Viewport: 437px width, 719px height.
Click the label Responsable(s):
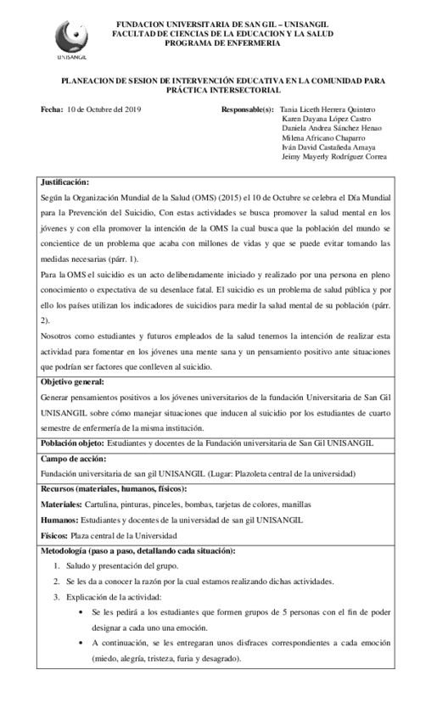click(x=247, y=110)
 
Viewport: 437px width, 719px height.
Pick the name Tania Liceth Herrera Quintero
click(x=327, y=110)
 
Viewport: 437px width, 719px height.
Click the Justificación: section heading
click(x=64, y=181)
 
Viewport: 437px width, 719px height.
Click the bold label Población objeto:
click(x=72, y=443)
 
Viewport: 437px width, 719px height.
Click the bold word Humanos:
click(x=58, y=520)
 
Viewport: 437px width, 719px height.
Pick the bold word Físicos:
click(x=54, y=536)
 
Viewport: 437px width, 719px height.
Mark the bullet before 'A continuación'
click(x=79, y=644)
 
